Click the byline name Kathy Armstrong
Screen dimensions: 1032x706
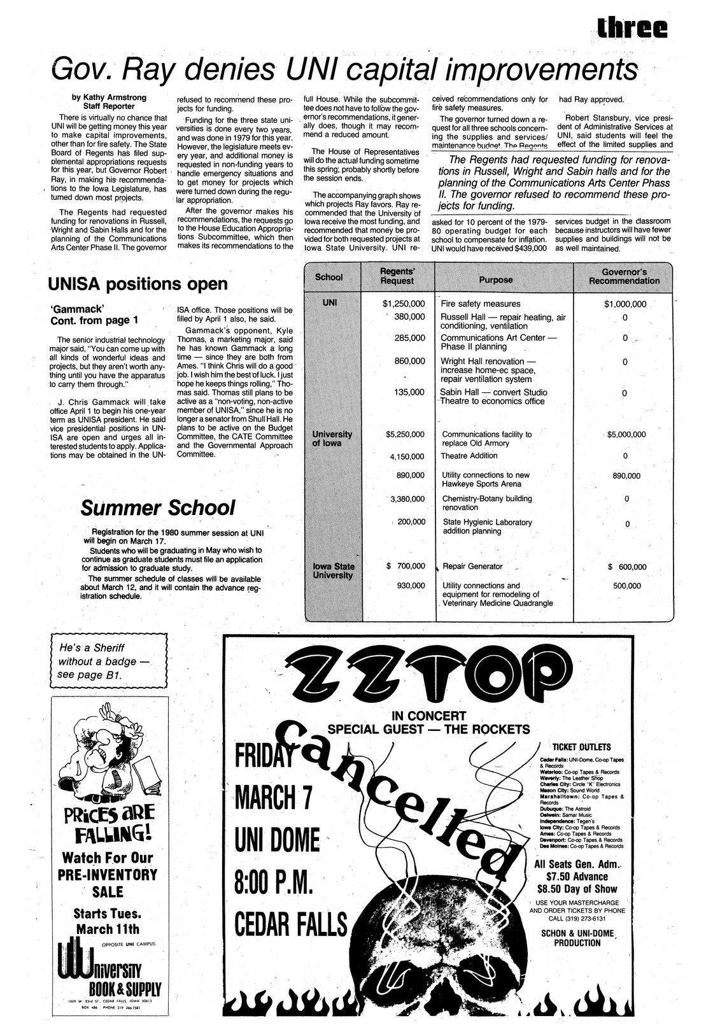tap(114, 97)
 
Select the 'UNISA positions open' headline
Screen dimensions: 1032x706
tap(138, 283)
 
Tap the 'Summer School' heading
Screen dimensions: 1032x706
tap(157, 508)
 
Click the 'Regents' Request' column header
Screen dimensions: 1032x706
tap(397, 277)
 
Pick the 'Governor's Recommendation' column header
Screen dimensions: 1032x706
tap(624, 276)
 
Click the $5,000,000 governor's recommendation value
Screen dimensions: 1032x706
tap(626, 435)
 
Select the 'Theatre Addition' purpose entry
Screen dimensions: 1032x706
tap(469, 456)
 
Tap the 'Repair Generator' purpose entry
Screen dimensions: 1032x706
tap(472, 566)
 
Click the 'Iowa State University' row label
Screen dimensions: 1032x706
tap(333, 570)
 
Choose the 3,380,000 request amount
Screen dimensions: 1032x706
tap(407, 498)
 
